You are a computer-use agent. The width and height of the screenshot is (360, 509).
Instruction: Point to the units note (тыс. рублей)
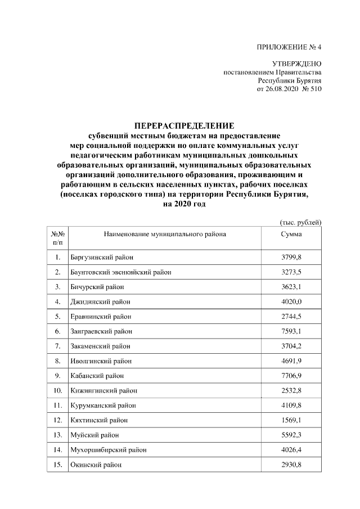click(x=300, y=223)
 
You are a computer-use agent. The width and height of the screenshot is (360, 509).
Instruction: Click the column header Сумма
click(x=291, y=234)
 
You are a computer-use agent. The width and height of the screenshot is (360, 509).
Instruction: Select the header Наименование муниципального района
click(x=165, y=234)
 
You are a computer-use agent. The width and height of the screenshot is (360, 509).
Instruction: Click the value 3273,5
click(x=291, y=272)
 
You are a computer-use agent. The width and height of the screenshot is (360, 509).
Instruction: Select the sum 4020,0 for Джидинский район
click(x=291, y=301)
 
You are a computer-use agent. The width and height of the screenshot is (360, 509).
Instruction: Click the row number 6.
click(x=57, y=331)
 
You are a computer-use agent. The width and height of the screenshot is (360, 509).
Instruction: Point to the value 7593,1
click(x=291, y=331)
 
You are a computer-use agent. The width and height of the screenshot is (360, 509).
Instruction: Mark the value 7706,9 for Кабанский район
click(x=291, y=375)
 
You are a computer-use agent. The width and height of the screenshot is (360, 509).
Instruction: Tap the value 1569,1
click(x=291, y=420)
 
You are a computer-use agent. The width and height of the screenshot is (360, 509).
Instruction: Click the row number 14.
click(x=57, y=449)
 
